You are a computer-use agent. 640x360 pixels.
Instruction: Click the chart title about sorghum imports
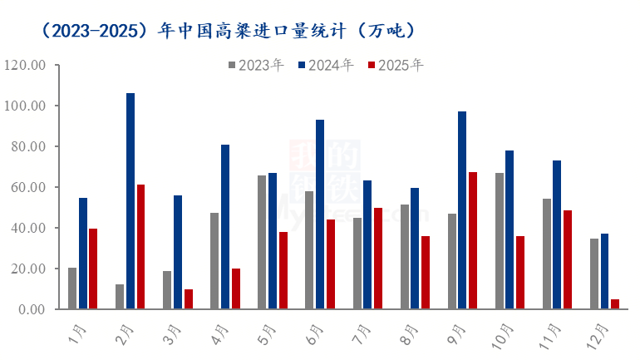coord(227,30)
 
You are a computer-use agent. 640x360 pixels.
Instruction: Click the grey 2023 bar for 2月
coord(120,297)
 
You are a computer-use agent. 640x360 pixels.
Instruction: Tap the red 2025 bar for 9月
coord(473,241)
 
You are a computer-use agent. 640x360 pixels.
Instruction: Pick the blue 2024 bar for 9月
coord(462,210)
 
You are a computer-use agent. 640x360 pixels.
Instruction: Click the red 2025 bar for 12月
coord(615,304)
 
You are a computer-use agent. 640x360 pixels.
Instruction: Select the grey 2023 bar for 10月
coord(499,241)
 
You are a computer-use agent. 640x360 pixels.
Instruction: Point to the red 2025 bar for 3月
coord(189,299)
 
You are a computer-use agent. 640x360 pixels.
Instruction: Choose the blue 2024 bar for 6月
coord(320,215)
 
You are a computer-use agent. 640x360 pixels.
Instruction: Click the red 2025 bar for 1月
coord(93,269)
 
